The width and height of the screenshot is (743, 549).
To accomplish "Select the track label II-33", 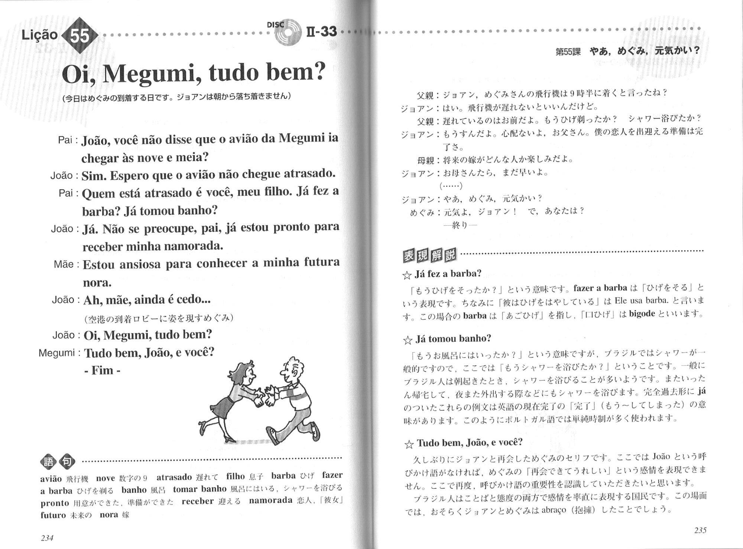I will click(x=322, y=32).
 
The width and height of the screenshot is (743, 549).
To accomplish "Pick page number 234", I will click(x=47, y=538).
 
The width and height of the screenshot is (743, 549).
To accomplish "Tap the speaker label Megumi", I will click(x=57, y=353).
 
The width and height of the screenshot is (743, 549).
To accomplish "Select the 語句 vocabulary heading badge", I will click(x=58, y=462).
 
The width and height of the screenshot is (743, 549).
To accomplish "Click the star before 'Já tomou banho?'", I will click(x=408, y=339).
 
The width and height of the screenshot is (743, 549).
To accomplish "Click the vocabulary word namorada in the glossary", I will click(x=270, y=500).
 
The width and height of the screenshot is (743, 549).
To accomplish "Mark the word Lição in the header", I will click(x=39, y=35).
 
